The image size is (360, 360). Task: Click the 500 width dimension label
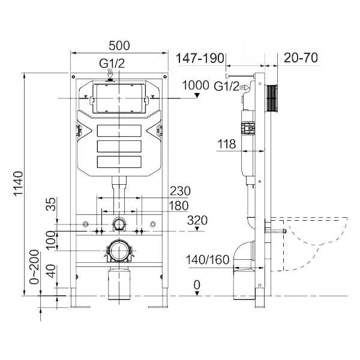click(119, 46)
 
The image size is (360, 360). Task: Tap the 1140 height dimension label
click(18, 184)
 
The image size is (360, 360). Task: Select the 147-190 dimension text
click(200, 58)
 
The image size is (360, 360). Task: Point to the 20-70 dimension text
click(301, 58)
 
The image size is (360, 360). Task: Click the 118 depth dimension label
click(226, 144)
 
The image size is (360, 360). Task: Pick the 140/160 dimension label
click(208, 260)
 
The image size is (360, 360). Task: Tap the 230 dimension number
click(180, 191)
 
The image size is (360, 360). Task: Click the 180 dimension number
click(179, 206)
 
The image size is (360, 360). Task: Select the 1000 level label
click(196, 85)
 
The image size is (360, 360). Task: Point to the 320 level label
click(197, 220)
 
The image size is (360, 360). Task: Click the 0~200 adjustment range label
click(35, 267)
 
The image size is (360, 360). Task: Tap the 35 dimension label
click(51, 204)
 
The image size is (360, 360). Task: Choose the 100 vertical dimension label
click(51, 241)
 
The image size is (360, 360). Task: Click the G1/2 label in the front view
click(112, 64)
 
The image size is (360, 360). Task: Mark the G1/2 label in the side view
click(226, 86)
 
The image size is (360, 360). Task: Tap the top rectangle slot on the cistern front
click(119, 131)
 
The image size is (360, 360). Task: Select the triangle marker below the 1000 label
click(197, 95)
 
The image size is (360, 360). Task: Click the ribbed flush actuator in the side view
click(272, 98)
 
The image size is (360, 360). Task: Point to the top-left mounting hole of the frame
click(73, 76)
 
